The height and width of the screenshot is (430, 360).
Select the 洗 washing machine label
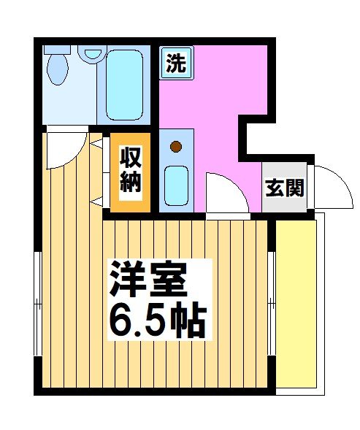(x=175, y=63)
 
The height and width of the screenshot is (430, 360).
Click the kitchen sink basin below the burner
(x=176, y=185)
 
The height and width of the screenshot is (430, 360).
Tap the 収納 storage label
(x=130, y=170)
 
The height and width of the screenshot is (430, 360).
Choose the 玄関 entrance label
(x=284, y=188)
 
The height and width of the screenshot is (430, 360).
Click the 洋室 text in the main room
(x=150, y=278)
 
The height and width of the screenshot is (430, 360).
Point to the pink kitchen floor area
(x=212, y=95)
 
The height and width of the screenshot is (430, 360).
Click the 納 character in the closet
(x=130, y=183)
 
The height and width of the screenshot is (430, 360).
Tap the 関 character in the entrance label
(x=294, y=188)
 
